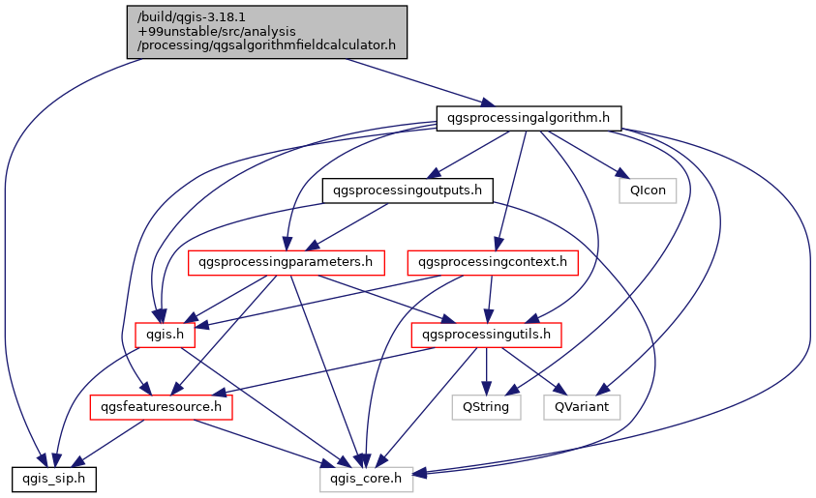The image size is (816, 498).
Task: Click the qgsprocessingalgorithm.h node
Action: point(529,118)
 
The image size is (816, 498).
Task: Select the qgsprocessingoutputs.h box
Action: point(407,190)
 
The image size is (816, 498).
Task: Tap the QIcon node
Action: point(648,190)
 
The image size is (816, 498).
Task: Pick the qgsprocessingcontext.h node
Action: point(494,262)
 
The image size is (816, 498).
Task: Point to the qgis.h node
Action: point(166,335)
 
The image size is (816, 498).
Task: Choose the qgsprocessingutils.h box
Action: point(487,335)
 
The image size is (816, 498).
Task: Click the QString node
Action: point(487,407)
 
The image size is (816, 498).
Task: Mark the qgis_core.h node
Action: point(367,479)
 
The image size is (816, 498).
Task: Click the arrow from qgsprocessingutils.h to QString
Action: point(487,370)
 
